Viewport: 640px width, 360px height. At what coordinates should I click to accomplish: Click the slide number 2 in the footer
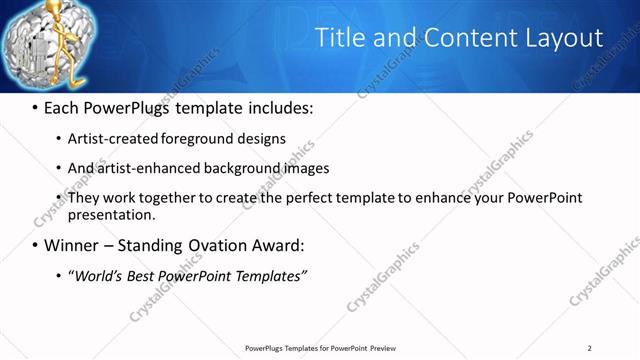tap(590, 347)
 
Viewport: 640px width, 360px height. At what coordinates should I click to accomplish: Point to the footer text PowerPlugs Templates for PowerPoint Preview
tap(319, 347)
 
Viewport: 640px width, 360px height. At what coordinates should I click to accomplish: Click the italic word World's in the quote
tap(96, 276)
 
